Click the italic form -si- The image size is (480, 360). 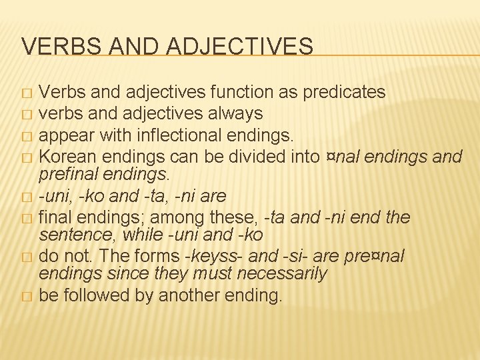(x=294, y=257)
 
